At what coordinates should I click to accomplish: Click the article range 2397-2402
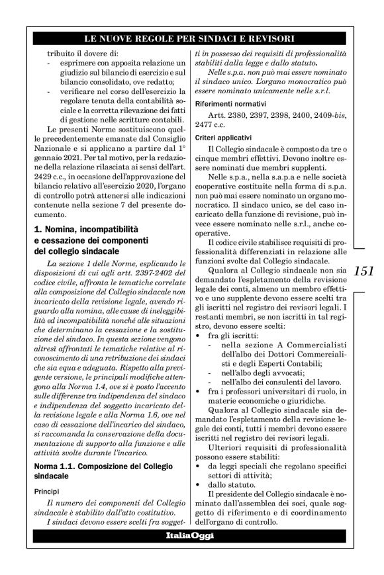pyautogui.click(x=162, y=270)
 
